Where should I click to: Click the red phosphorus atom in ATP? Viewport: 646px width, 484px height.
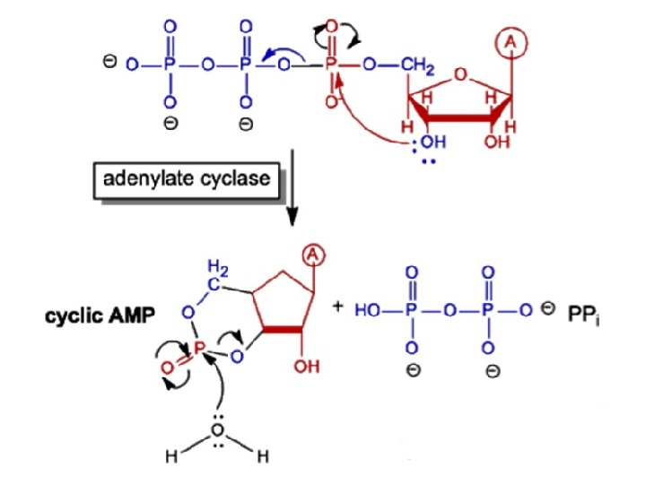click(x=330, y=65)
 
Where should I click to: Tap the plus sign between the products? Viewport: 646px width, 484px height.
click(x=337, y=307)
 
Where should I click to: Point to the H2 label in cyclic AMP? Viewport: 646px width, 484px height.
click(x=218, y=266)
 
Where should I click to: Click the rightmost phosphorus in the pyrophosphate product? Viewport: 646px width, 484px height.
click(x=488, y=311)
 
